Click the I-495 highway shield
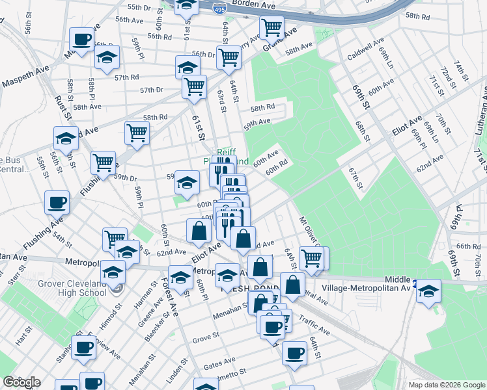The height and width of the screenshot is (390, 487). coord(219,9)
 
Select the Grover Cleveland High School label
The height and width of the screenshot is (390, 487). coord(64,288)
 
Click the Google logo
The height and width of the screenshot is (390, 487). coord(21,382)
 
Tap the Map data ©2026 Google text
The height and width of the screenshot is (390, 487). coord(445,385)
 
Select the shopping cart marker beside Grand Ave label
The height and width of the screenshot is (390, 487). coord(271,28)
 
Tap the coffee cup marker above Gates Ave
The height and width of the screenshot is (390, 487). coord(294,353)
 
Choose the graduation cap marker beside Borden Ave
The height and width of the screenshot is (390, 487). coord(187,7)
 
